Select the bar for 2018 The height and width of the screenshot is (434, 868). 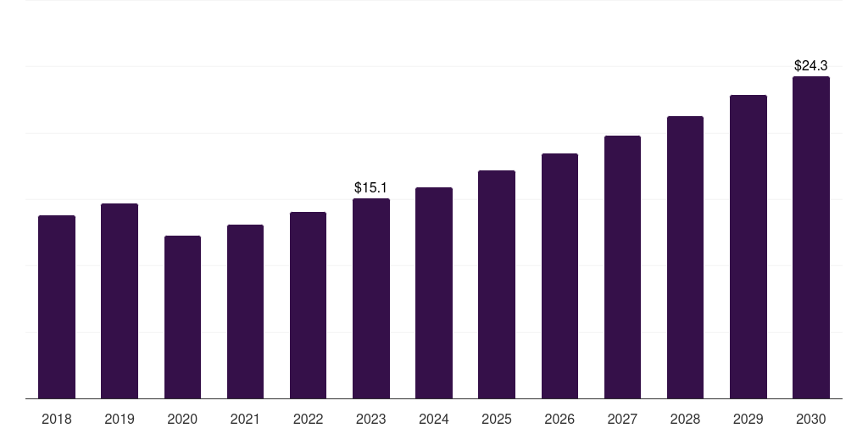[57, 307]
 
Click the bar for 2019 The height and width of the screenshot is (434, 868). [120, 301]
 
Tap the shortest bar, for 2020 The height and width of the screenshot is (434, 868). [183, 317]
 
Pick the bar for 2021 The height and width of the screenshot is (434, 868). [245, 312]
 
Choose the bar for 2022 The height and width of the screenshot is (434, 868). [308, 305]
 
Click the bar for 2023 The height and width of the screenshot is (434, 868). [371, 298]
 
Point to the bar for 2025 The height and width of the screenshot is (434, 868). [497, 285]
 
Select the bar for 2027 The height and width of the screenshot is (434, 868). [622, 267]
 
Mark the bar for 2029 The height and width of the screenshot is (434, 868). [748, 247]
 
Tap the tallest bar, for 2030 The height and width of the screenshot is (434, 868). [811, 237]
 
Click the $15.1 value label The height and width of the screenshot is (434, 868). [371, 187]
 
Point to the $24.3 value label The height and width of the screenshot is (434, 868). [811, 66]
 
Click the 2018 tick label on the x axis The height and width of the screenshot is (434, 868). [57, 419]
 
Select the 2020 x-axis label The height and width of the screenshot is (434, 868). [183, 419]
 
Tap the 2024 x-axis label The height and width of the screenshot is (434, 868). [434, 419]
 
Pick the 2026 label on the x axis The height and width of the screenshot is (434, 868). [559, 419]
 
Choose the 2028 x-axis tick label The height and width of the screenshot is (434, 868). [685, 419]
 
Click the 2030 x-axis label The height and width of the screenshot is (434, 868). [811, 419]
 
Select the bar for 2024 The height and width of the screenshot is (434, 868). [434, 292]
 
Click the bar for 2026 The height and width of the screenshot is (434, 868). [559, 275]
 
